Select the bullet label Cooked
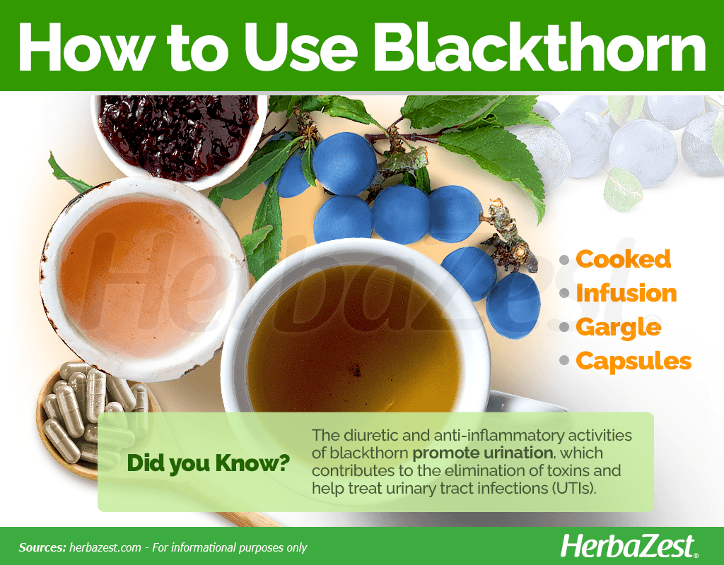click(624, 258)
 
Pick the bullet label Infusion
click(626, 293)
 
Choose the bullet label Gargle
click(619, 328)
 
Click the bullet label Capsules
click(633, 361)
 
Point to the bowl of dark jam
click(179, 138)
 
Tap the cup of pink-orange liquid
click(144, 278)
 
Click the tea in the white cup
click(354, 340)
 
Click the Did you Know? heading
click(209, 463)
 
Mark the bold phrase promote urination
click(482, 453)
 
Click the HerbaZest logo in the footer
click(629, 547)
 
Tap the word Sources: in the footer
click(42, 547)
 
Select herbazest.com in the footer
click(105, 547)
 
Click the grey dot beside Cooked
click(564, 260)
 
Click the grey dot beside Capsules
click(564, 361)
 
